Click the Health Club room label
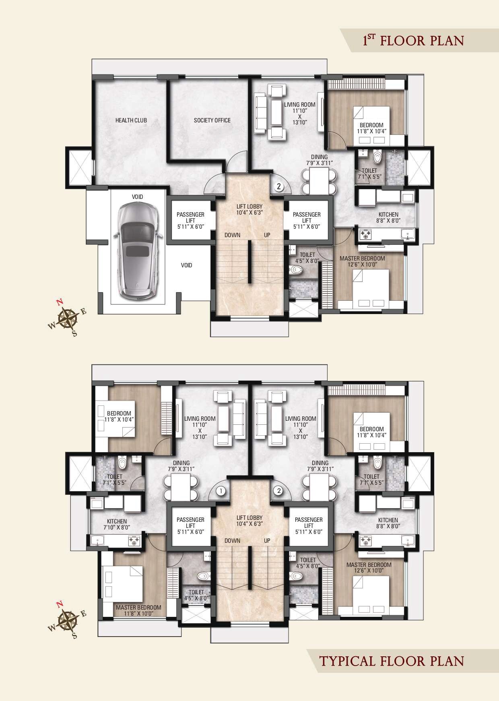[131, 120]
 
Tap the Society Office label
[212, 120]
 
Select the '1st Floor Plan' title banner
[413, 41]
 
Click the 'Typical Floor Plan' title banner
[392, 661]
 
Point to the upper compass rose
[67, 317]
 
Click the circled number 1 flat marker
[220, 490]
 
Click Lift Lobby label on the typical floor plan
[249, 521]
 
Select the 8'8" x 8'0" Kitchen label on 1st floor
[388, 217]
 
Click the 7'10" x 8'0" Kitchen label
[117, 524]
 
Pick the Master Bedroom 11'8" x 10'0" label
[138, 610]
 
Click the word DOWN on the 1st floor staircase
[233, 235]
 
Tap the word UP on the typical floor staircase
[267, 541]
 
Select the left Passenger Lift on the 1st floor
[190, 220]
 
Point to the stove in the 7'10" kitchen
[133, 541]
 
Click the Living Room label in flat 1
[200, 427]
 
